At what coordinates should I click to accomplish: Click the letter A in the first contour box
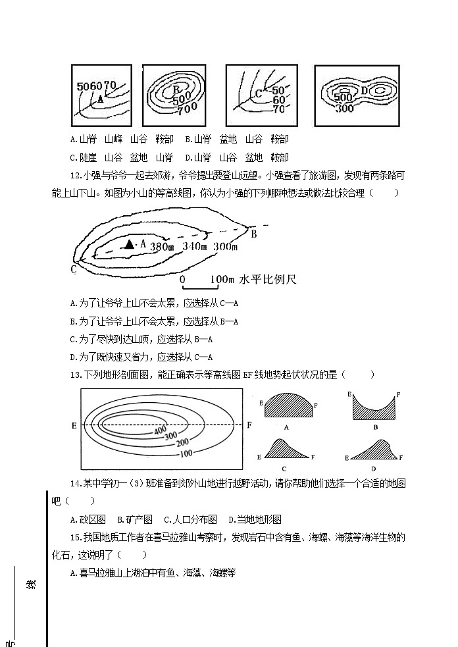coord(100,98)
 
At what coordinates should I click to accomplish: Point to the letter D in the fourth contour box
coord(363,90)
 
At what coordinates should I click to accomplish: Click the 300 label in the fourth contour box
coord(343,108)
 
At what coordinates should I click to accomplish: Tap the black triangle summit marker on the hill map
coord(129,244)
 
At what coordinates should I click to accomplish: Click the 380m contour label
coord(162,247)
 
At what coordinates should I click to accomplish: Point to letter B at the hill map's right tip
coord(253,233)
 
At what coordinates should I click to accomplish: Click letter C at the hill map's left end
coord(74,269)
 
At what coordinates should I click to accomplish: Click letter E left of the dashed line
coord(74,425)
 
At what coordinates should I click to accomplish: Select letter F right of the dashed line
coord(249,425)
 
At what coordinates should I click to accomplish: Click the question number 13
coord(74,375)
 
